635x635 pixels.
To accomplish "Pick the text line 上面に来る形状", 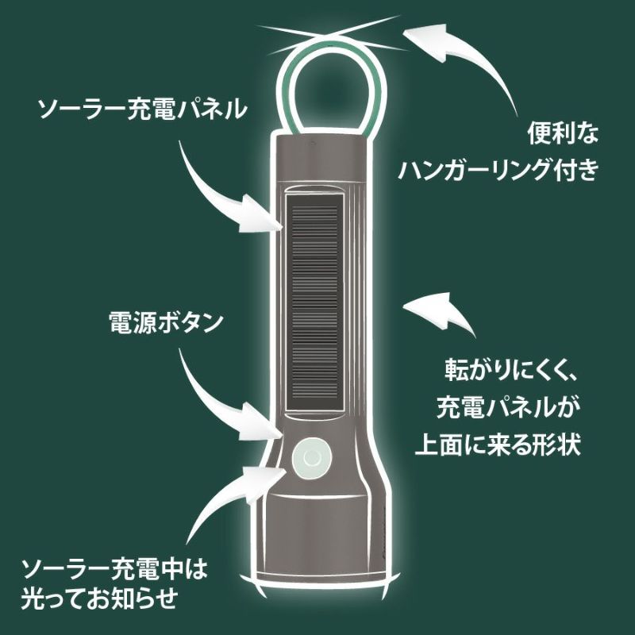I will click(x=498, y=444).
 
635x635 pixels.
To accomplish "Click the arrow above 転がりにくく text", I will click(x=441, y=314).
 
